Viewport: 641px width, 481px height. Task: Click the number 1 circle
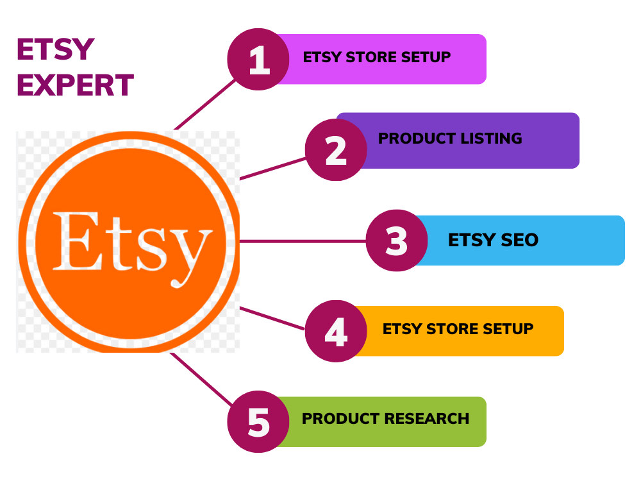tap(258, 59)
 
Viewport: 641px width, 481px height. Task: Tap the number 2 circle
tap(336, 149)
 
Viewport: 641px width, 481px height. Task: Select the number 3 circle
tap(397, 240)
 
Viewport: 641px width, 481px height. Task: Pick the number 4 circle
tap(336, 331)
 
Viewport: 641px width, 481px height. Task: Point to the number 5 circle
tap(258, 422)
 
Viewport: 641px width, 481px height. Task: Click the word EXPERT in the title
tap(76, 85)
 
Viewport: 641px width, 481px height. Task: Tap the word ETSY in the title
tap(56, 49)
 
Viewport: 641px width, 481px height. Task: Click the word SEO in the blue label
tap(520, 240)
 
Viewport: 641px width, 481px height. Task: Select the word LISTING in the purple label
tap(491, 139)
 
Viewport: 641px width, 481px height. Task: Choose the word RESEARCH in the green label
tap(427, 418)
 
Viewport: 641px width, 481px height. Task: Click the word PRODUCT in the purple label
tap(417, 139)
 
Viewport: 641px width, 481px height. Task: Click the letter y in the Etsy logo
tap(190, 258)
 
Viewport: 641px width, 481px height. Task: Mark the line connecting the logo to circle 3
tap(303, 241)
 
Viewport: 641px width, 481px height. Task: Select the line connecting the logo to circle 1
tap(205, 105)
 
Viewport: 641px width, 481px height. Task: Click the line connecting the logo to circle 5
tap(201, 379)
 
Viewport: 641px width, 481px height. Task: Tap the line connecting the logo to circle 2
tap(272, 169)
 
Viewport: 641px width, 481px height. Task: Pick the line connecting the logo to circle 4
tap(272, 318)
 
